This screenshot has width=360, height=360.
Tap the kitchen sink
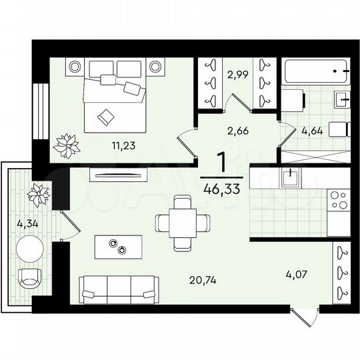click(x=290, y=178)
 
